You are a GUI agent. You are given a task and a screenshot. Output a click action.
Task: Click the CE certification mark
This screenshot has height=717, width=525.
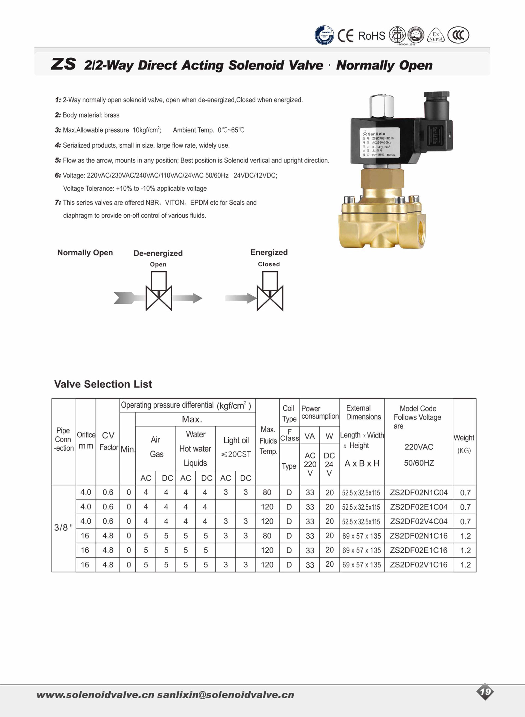tap(345, 36)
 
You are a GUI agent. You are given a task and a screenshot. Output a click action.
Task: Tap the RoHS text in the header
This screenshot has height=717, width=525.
tap(372, 36)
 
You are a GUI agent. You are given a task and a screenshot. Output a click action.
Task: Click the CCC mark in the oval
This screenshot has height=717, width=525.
tap(458, 35)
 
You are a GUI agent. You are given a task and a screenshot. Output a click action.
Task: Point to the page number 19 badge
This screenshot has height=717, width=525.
tap(485, 692)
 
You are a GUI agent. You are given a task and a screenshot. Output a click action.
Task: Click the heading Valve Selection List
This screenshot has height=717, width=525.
tap(103, 384)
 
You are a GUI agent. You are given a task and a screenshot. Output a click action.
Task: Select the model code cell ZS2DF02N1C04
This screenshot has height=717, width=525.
tap(419, 492)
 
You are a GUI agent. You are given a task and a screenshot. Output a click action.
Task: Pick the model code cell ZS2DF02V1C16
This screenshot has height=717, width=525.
tap(419, 564)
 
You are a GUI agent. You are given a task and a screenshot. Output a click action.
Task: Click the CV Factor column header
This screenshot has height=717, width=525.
tap(108, 441)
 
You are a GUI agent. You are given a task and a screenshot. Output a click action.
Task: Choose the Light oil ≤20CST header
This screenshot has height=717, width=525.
tap(236, 447)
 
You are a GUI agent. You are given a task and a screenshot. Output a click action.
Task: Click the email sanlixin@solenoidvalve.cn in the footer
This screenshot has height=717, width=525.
tap(226, 695)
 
